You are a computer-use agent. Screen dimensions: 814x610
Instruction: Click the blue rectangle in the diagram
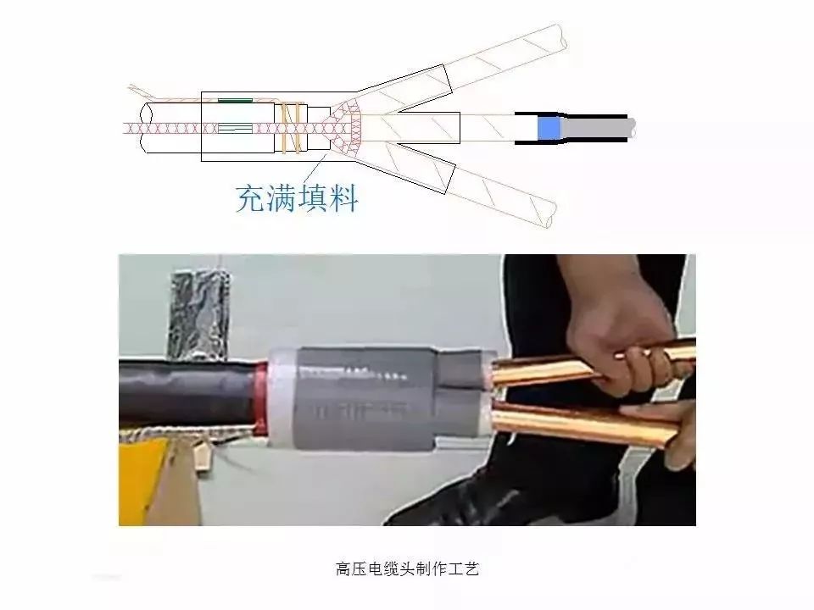(x=549, y=128)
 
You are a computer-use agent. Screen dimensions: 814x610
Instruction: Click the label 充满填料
(x=298, y=197)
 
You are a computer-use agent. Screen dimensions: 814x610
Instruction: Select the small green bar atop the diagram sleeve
(x=235, y=100)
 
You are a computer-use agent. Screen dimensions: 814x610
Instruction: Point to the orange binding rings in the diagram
(x=292, y=128)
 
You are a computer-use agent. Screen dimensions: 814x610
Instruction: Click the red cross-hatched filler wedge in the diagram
(x=343, y=128)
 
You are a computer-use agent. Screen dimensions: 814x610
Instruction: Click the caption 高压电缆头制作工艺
(x=407, y=569)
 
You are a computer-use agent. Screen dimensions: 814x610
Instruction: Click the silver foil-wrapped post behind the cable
(x=198, y=315)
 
